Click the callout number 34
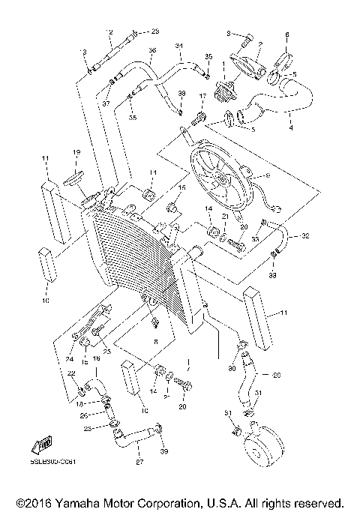pyautogui.click(x=179, y=46)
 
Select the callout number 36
pyautogui.click(x=152, y=51)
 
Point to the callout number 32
pyautogui.click(x=305, y=235)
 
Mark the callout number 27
pyautogui.click(x=139, y=463)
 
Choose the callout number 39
pyautogui.click(x=163, y=451)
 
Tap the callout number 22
pyautogui.click(x=71, y=373)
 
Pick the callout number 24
pyautogui.click(x=73, y=346)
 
